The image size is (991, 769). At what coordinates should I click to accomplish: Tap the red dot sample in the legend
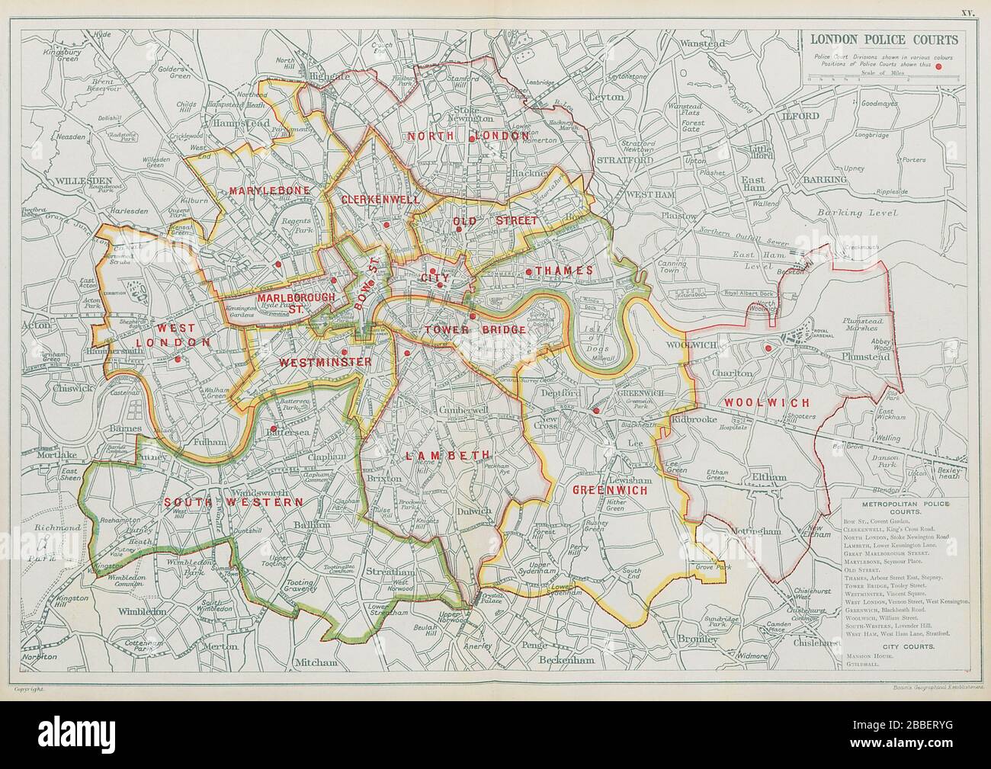[x=949, y=66]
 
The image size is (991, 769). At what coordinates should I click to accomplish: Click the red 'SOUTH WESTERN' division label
[x=233, y=502]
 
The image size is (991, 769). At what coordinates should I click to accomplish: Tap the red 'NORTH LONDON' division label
[x=467, y=136]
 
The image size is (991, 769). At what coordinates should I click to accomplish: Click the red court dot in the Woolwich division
[x=768, y=349]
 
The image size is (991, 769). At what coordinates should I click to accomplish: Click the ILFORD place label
[x=798, y=116]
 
